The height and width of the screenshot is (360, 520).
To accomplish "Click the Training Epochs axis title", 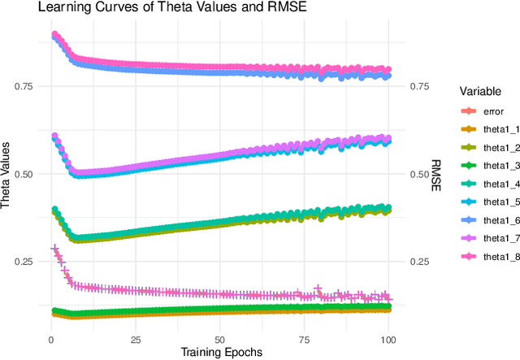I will click(x=222, y=351).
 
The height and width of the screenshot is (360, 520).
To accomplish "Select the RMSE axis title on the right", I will click(x=435, y=174).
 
